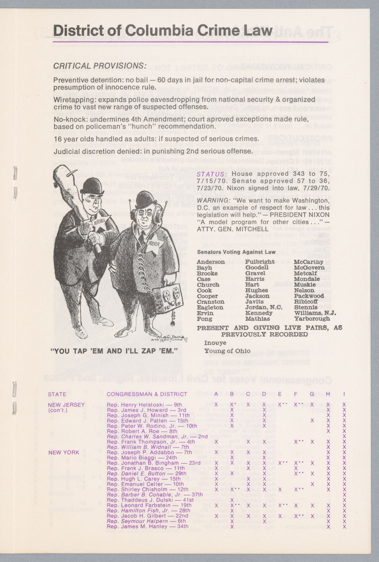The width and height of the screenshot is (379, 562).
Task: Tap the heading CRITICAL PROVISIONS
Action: [100, 66]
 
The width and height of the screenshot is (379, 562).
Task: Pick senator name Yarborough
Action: [312, 318]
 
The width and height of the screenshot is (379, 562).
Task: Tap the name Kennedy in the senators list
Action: [259, 313]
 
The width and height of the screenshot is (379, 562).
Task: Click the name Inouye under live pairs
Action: [215, 343]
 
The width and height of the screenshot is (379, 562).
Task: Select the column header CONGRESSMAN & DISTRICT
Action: [147, 394]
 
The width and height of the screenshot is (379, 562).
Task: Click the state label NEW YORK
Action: [64, 452]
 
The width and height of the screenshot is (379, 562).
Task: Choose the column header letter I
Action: [344, 394]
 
